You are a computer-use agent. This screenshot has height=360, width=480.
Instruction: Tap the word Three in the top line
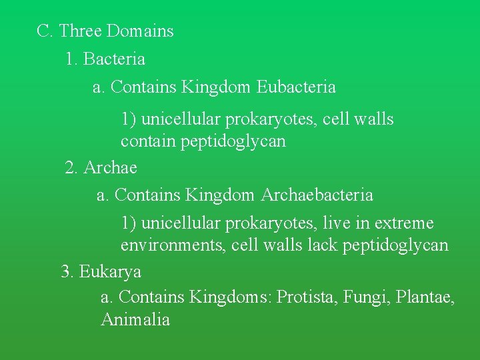point(81,31)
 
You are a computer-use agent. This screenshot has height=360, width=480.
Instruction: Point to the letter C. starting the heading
point(45,31)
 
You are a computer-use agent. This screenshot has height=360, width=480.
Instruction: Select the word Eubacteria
point(296,87)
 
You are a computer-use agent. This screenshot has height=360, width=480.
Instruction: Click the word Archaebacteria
point(317,195)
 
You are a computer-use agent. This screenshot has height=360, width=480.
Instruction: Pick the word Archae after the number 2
point(110,168)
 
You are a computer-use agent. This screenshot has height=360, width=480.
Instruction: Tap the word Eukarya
point(110,272)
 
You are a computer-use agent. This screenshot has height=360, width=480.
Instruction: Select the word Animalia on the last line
point(135,320)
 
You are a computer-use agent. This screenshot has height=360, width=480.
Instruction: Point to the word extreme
point(404,223)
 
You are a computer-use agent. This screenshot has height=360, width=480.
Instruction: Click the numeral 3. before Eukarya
point(67,272)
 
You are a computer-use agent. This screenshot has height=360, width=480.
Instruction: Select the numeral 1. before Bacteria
point(72,59)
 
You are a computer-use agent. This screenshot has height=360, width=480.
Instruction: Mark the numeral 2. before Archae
point(72,168)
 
